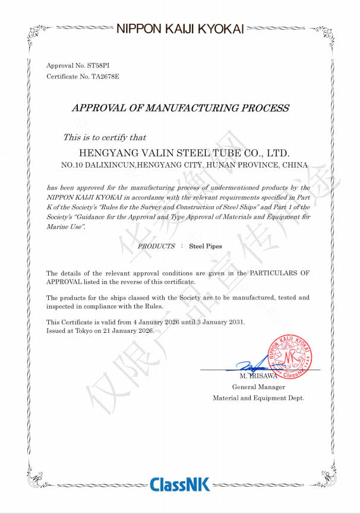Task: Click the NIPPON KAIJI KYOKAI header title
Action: [x=180, y=28]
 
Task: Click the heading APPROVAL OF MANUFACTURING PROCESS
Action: [x=180, y=108]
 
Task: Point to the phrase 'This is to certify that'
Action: [x=105, y=137]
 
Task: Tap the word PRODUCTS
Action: [x=156, y=245]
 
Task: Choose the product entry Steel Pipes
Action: [x=206, y=245]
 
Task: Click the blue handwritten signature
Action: [x=250, y=368]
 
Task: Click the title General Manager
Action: [x=258, y=387]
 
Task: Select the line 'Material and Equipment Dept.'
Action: [x=258, y=398]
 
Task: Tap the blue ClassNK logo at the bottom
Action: [x=179, y=484]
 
